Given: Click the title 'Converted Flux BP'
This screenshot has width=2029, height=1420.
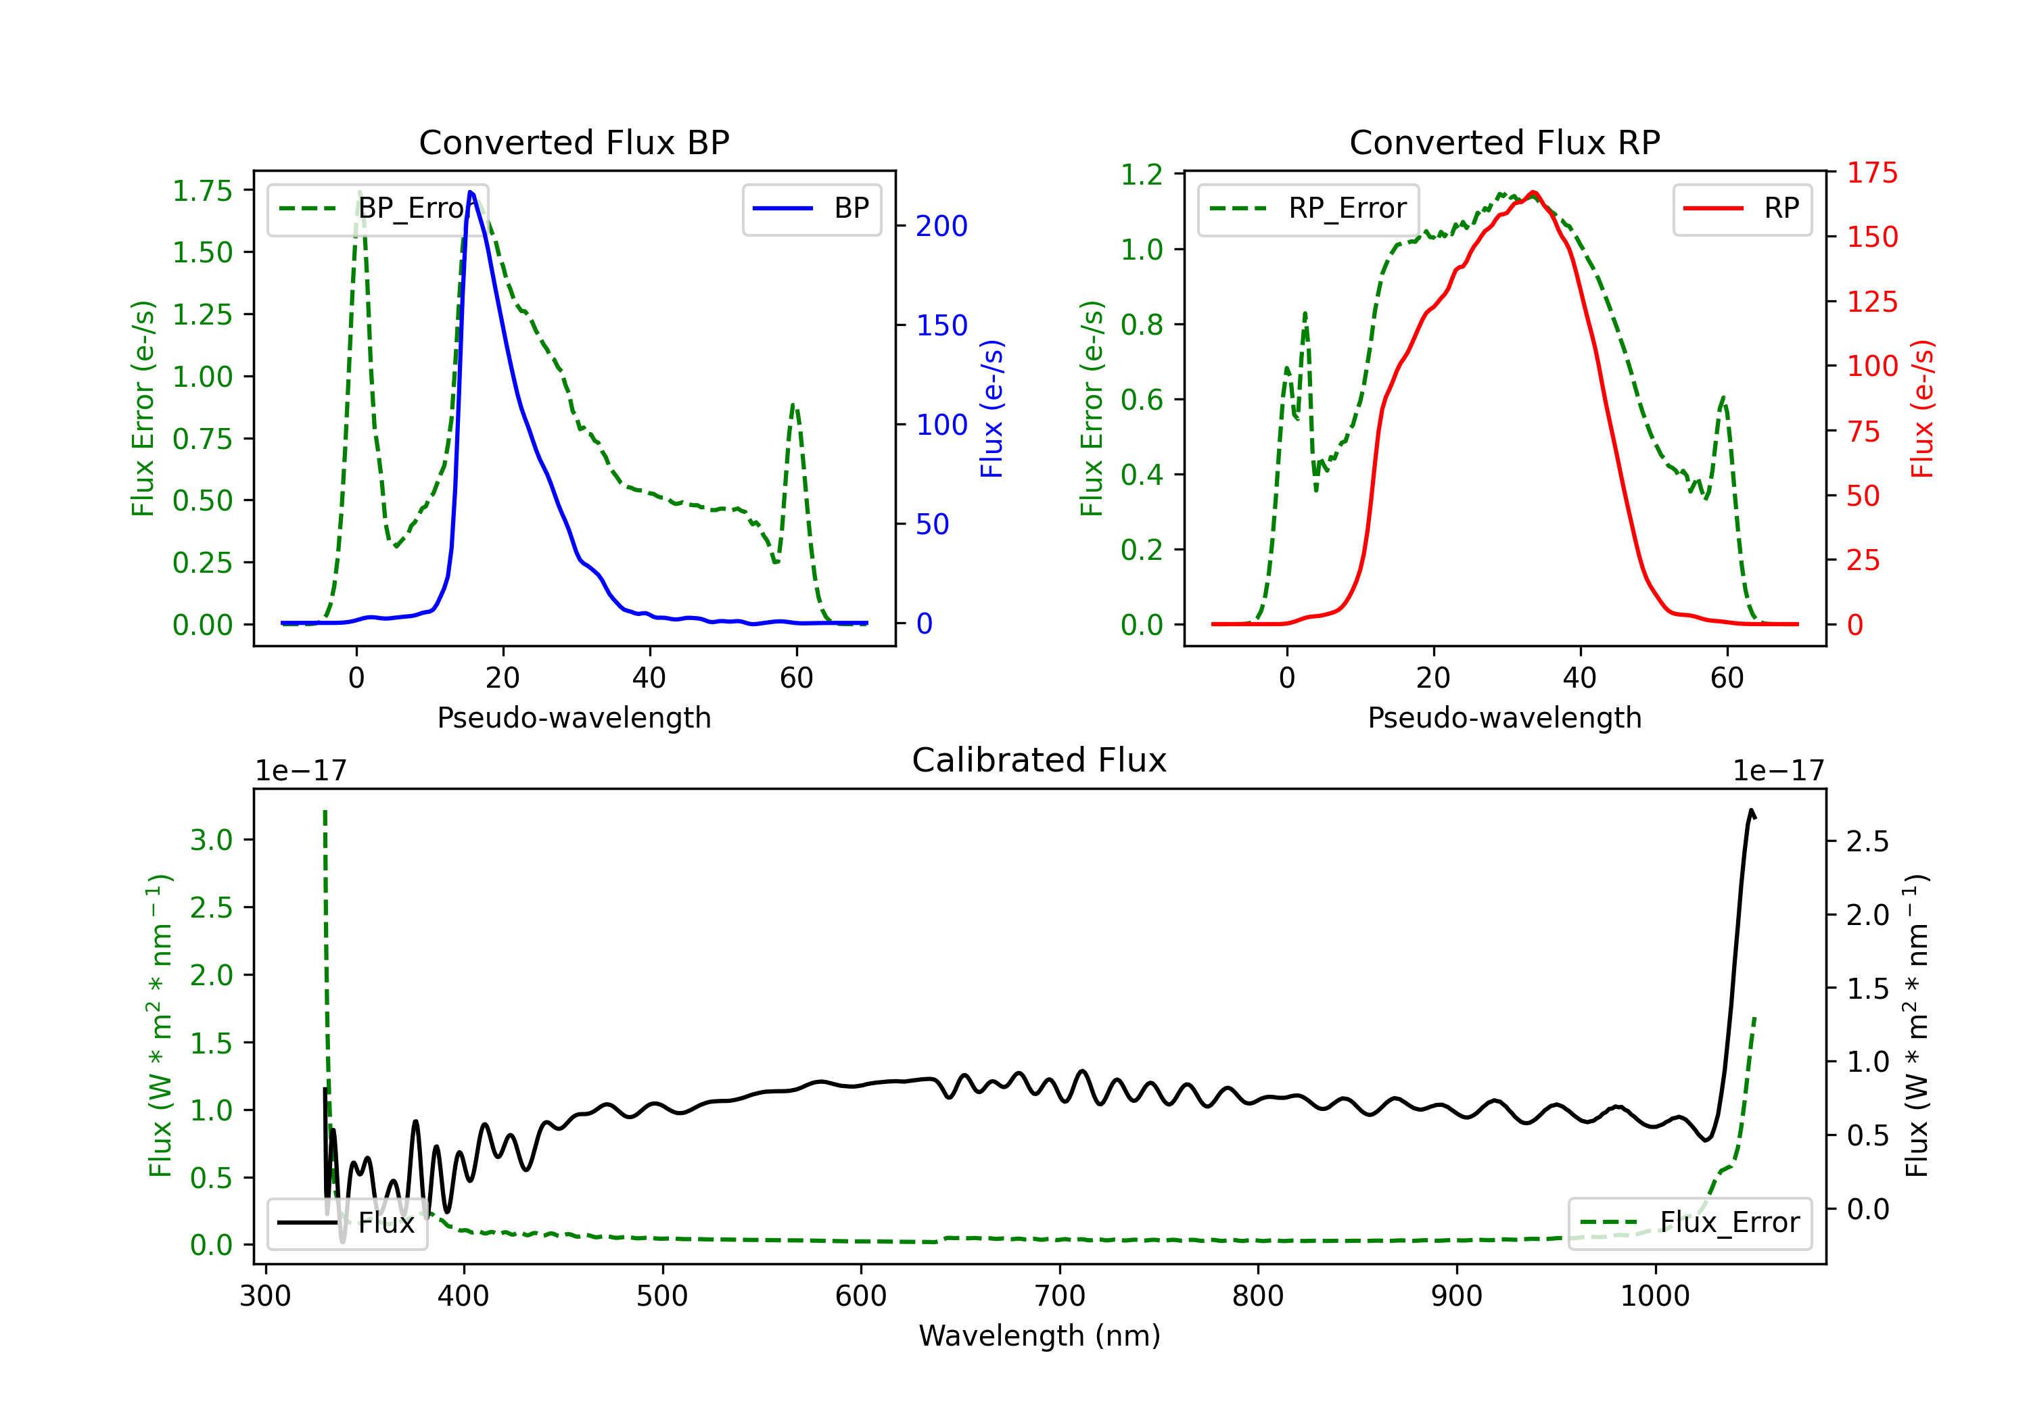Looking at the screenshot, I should pos(574,142).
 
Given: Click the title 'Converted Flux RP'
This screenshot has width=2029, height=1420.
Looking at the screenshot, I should pos(1504,142).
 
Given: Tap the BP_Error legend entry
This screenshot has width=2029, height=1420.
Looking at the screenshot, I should pos(378,208).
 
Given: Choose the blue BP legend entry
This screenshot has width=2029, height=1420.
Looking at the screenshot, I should pos(811,208).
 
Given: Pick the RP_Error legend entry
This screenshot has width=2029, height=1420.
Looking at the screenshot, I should pos(1308,208).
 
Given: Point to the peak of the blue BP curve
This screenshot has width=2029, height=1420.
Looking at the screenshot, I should pos(470,192).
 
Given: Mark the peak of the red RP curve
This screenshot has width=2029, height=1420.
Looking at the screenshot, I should pos(1533,192).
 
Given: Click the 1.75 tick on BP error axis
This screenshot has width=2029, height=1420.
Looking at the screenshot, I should pos(202,191).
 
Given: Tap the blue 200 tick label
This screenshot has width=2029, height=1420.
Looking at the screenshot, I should pos(941,227).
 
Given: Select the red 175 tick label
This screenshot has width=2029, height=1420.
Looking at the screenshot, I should pos(1871,172).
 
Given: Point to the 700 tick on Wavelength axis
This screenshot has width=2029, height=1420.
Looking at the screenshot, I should pos(1058,1296).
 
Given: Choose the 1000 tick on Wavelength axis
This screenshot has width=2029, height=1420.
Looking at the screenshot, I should pos(1654,1296).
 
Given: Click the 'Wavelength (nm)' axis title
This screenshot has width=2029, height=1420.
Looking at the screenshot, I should pos(1040,1335).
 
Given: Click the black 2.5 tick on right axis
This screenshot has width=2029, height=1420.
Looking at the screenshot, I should pos(1867,841).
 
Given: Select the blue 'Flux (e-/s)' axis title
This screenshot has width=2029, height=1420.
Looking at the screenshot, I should pos(992,408).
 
